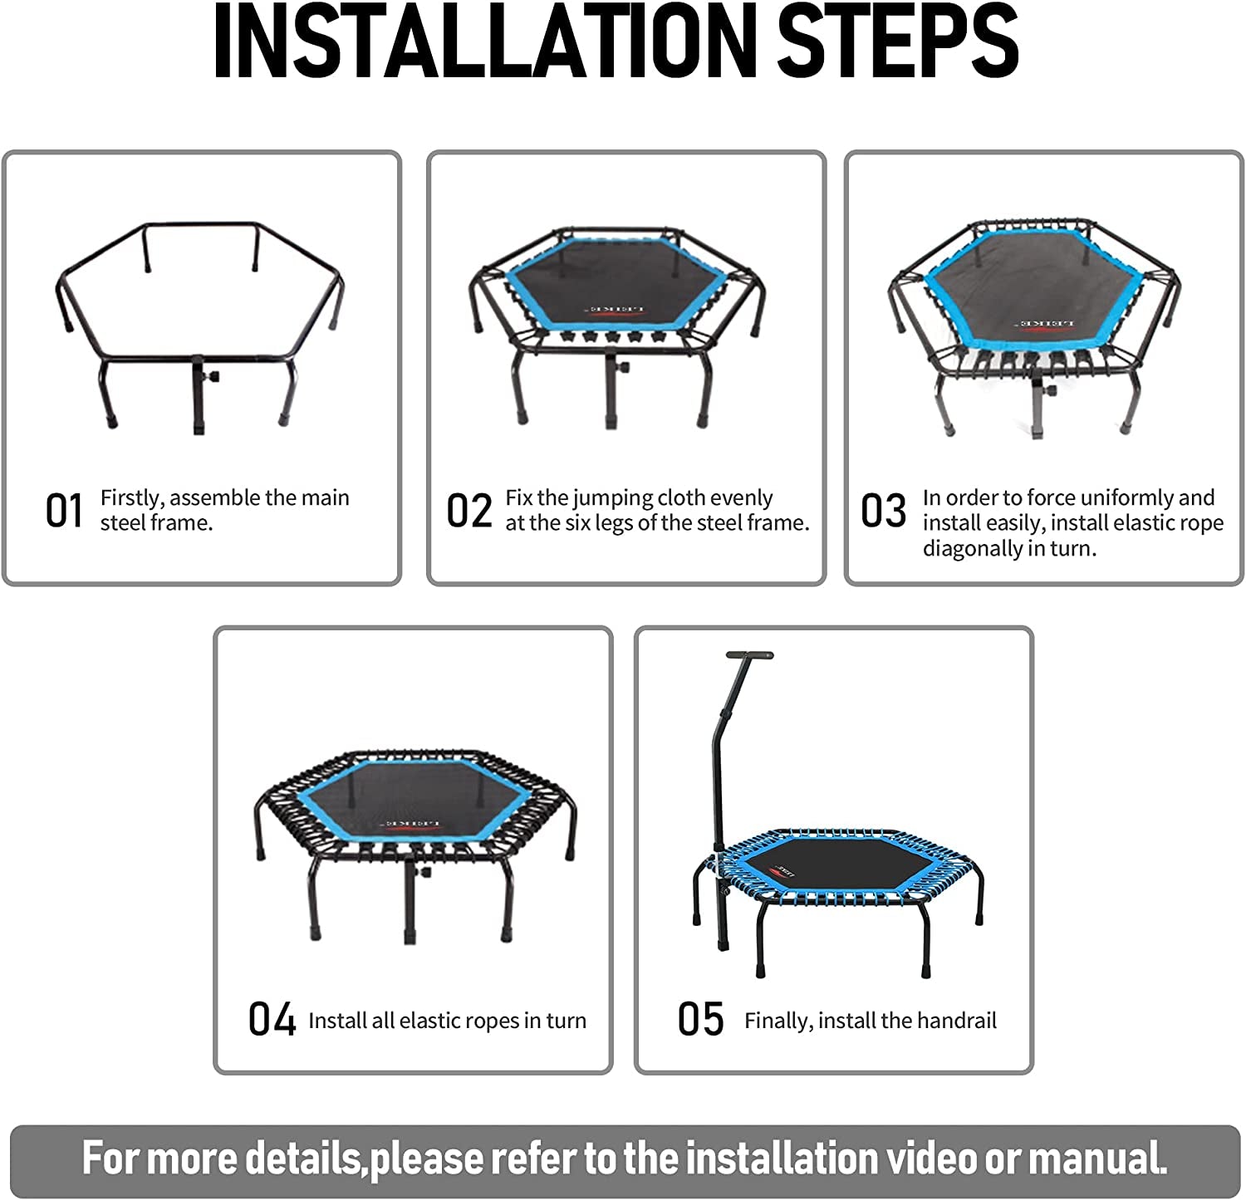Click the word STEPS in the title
tap(899, 41)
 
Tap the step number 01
tap(64, 511)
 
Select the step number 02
tap(469, 511)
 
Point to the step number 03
tap(884, 511)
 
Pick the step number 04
tap(272, 1019)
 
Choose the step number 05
tap(700, 1019)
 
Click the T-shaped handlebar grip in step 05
tap(750, 655)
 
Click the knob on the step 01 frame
tap(212, 377)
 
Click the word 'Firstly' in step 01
tap(132, 498)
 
